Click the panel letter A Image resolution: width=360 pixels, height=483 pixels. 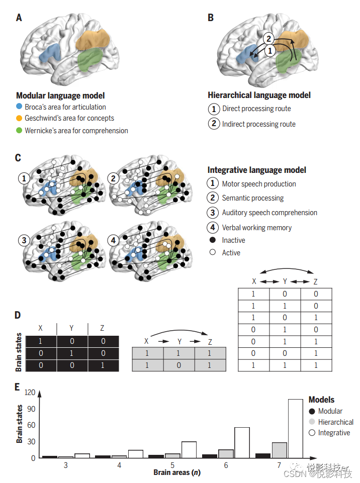tap(19, 18)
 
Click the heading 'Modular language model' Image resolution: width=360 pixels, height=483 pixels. tap(60, 95)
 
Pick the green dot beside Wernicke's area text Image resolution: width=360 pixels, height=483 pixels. tap(19, 131)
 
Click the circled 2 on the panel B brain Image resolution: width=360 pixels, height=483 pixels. tap(269, 38)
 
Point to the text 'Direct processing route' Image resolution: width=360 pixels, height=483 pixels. tap(256, 109)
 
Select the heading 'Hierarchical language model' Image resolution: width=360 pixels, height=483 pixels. tap(259, 95)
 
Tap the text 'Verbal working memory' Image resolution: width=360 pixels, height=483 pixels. tap(256, 228)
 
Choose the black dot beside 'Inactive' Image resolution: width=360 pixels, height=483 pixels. tap(213, 240)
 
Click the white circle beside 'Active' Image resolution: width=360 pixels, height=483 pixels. tap(213, 253)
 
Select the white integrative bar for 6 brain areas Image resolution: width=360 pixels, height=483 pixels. tap(242, 442)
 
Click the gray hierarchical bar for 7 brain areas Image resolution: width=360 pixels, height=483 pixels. tap(279, 450)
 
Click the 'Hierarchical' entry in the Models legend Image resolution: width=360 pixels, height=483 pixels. tap(335, 422)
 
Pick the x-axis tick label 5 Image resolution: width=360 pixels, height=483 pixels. tap(172, 465)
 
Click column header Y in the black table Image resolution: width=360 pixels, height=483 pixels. tap(72, 328)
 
